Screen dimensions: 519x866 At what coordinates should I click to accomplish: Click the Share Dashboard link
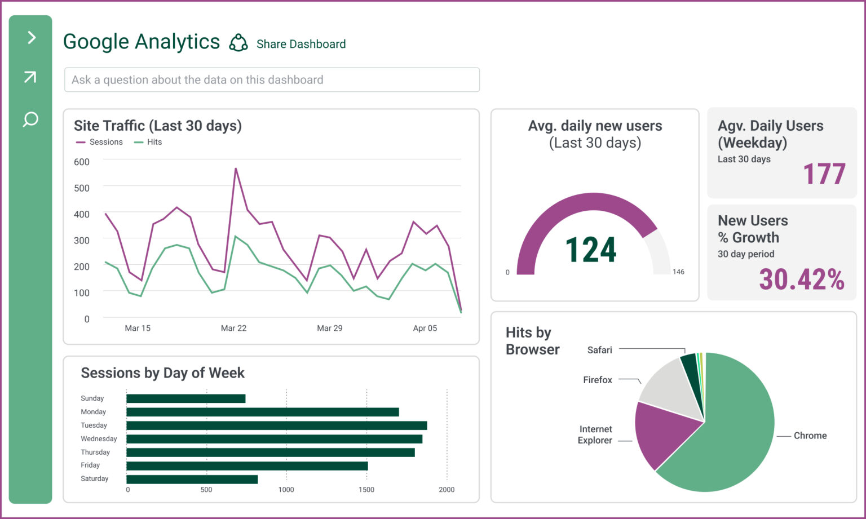tap(301, 44)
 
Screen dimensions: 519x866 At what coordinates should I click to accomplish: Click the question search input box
tap(272, 80)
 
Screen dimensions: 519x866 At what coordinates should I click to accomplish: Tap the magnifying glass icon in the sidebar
tap(30, 119)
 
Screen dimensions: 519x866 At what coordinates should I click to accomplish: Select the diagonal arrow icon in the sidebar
tap(30, 77)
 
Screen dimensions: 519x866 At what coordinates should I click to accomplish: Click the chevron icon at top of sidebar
tap(32, 38)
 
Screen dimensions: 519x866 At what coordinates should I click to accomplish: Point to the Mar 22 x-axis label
tap(233, 328)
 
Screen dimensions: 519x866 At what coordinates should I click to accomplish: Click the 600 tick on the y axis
tap(82, 162)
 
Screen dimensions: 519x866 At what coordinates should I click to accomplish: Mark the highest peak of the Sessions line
tap(236, 168)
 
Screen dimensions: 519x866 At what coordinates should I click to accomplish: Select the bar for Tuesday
tap(276, 425)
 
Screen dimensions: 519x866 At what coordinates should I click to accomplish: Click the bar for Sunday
tap(185, 398)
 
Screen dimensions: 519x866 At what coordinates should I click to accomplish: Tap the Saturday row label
tap(95, 478)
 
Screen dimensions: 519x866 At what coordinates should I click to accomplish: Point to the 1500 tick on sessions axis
tap(366, 490)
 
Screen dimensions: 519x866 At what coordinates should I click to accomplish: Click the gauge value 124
tap(590, 250)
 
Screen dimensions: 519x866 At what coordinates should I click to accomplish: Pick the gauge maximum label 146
tap(678, 272)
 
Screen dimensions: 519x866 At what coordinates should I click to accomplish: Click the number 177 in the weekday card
tap(824, 174)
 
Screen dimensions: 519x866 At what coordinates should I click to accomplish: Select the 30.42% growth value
tap(801, 279)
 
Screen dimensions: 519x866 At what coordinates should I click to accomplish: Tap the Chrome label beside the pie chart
tap(810, 436)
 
